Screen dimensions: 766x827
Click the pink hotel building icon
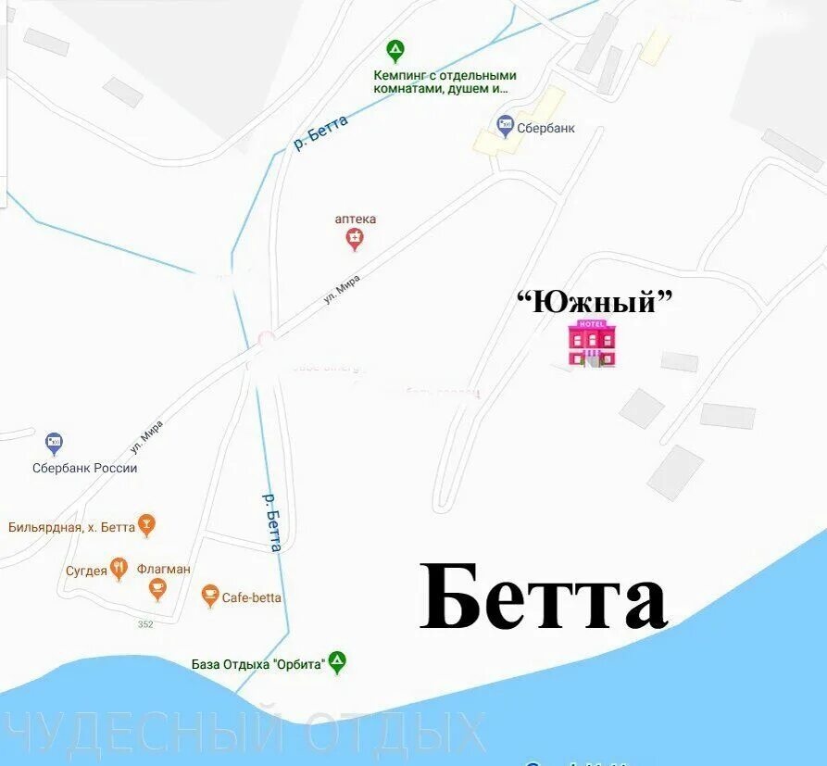(591, 343)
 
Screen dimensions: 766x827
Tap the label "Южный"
(593, 301)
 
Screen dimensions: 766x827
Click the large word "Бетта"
(544, 597)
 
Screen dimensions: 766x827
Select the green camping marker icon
(395, 51)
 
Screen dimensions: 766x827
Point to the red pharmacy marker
(355, 240)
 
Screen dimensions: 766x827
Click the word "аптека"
(356, 220)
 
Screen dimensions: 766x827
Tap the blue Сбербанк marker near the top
(505, 125)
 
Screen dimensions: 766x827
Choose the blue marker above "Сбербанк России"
(54, 444)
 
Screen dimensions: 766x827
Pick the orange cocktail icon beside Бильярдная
(146, 525)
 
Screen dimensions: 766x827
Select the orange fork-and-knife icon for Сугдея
(119, 568)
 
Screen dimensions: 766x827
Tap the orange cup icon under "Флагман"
(157, 588)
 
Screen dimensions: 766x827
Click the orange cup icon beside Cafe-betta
(210, 596)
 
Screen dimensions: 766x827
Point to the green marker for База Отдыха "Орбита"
(337, 661)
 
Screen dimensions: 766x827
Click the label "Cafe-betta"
(252, 598)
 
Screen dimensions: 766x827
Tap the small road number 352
(145, 624)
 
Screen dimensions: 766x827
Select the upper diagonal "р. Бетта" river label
(320, 132)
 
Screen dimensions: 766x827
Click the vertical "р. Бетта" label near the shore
(271, 521)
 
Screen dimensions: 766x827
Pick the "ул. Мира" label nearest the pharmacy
(341, 289)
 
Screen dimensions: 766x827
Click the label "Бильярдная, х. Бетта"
(71, 527)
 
